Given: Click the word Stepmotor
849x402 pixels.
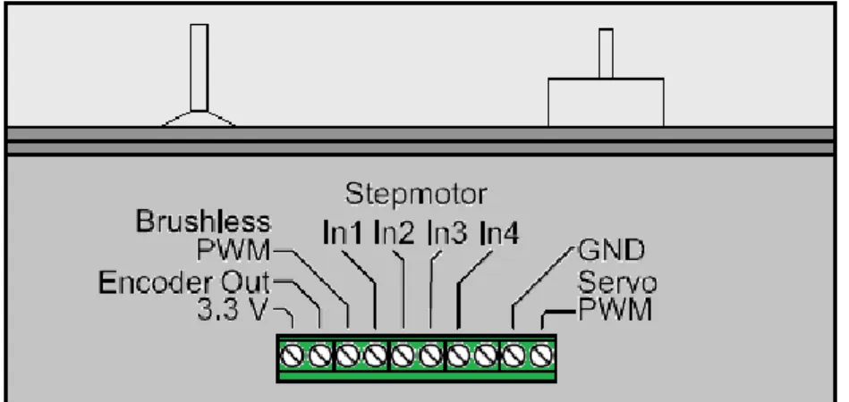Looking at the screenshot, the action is [x=416, y=195].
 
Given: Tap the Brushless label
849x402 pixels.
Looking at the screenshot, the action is [x=202, y=222].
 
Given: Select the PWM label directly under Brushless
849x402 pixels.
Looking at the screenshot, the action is [x=233, y=249].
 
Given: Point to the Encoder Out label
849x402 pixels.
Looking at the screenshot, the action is [x=184, y=282].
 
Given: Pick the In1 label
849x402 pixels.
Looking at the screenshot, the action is [x=343, y=233].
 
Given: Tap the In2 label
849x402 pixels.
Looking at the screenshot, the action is [x=395, y=233].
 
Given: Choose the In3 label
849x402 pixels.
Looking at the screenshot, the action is [x=446, y=233].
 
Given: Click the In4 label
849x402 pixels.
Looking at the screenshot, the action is [x=499, y=233].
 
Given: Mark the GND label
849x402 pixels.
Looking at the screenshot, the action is [x=611, y=250].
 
